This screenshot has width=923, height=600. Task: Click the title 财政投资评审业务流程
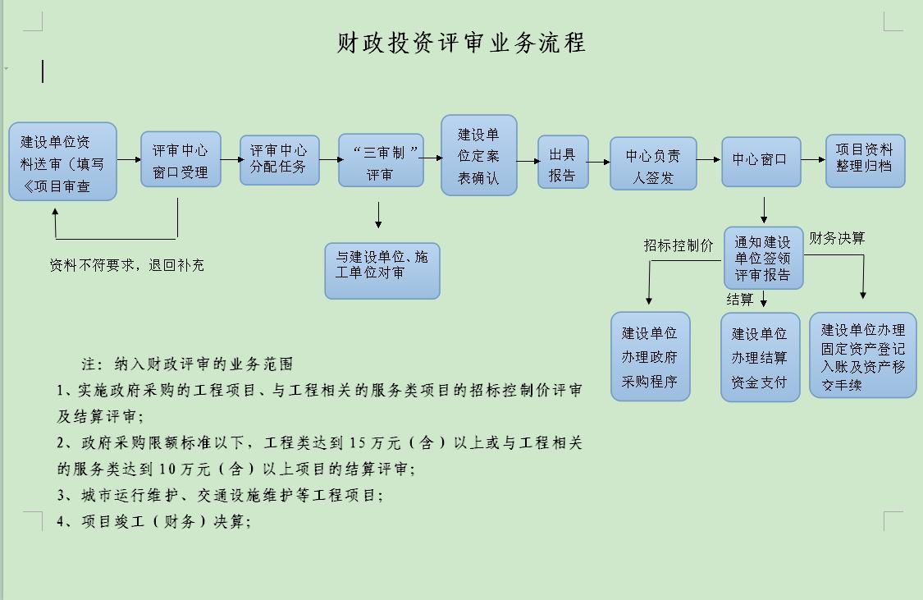pos(461,43)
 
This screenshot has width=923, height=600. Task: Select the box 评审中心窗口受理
pos(180,159)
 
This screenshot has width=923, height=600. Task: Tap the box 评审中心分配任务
pos(280,160)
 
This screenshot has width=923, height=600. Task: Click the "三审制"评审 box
pos(381,160)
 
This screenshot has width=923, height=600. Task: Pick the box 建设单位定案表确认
pos(479,155)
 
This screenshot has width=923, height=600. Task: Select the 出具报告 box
pos(563,162)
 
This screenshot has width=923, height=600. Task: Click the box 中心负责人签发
pos(653,163)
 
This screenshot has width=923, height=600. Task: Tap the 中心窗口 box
pos(761,162)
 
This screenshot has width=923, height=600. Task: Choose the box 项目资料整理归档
pos(866,161)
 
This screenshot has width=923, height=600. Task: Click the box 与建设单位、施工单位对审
pos(382,271)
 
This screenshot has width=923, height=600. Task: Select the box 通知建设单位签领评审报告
pos(764,258)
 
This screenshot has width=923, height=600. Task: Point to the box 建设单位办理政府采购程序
pos(651,356)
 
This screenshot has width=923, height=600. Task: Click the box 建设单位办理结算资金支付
pos(760,357)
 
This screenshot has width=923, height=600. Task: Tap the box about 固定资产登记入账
pos(863,355)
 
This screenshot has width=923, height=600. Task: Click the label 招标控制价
pos(679,245)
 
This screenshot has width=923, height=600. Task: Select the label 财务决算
pos(837,239)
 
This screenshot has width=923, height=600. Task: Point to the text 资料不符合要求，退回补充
pos(127,266)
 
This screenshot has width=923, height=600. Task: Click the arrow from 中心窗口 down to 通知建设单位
pos(764,210)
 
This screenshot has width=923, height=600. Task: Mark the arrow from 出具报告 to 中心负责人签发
pos(599,162)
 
